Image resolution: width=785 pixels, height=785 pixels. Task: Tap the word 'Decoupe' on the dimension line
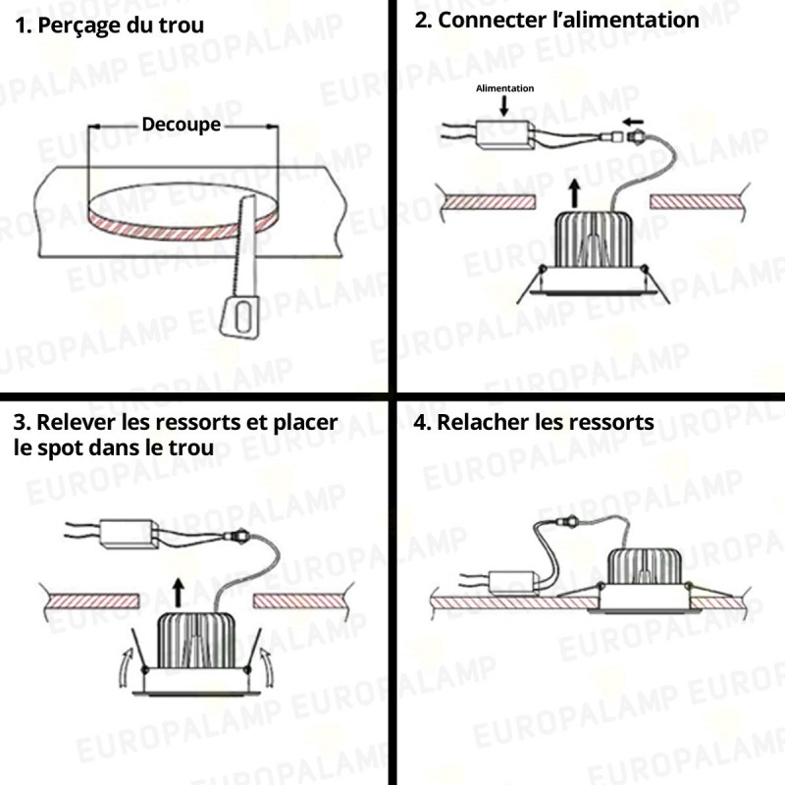[182, 126]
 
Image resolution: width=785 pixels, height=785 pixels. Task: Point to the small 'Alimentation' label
[504, 89]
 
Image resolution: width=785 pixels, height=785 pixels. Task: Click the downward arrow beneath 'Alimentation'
[504, 107]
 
